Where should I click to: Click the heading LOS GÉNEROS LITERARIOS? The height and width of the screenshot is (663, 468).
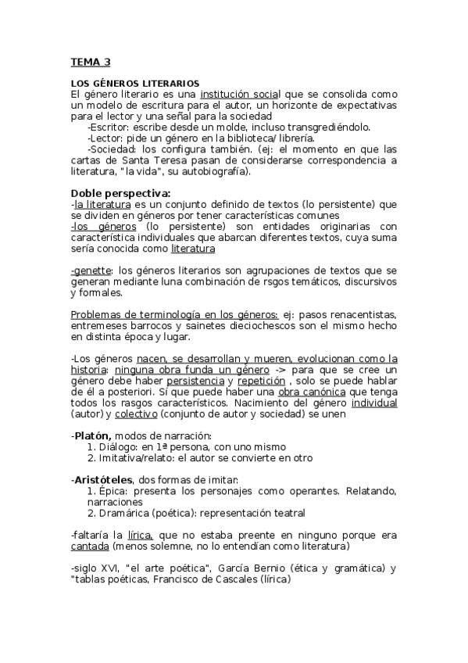(x=135, y=83)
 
